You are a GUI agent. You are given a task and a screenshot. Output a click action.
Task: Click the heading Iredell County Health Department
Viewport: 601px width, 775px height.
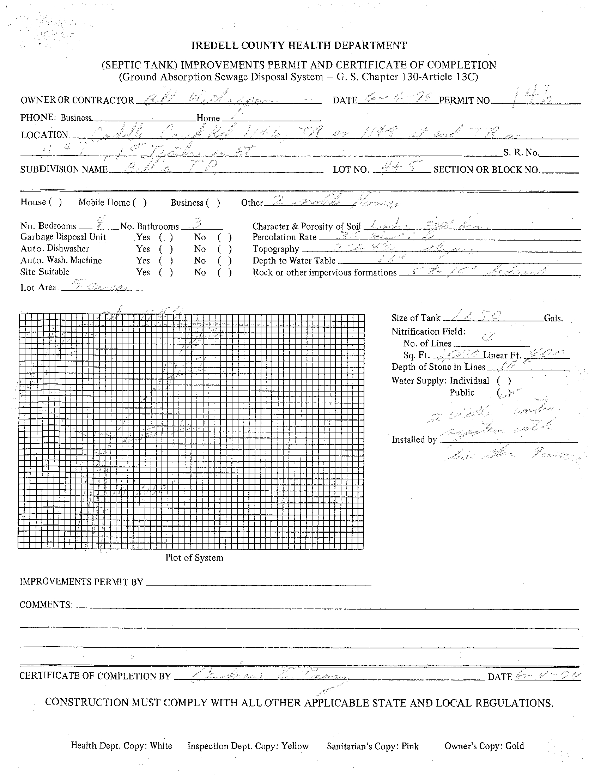[x=299, y=46]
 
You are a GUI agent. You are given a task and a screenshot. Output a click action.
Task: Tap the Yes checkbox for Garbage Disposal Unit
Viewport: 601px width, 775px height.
[x=166, y=237]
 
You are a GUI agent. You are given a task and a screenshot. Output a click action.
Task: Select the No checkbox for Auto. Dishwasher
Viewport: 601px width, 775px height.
[x=225, y=249]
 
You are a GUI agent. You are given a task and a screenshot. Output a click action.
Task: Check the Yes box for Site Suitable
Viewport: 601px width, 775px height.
[x=166, y=273]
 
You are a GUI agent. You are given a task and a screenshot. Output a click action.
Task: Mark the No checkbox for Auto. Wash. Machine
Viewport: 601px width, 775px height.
[x=225, y=261]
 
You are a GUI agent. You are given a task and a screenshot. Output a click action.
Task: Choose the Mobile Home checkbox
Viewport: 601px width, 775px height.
[x=139, y=202]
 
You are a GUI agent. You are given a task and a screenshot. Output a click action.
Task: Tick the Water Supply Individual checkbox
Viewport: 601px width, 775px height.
[x=504, y=381]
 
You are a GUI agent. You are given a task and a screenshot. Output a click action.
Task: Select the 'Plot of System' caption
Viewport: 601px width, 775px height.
[x=194, y=557]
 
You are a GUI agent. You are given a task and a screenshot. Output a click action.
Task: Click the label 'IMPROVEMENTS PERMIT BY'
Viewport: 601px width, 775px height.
[x=81, y=582]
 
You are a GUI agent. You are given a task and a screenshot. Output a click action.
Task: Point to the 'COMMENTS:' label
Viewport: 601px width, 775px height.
[x=46, y=605]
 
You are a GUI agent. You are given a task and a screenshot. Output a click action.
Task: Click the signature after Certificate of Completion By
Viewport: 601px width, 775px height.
[x=269, y=677]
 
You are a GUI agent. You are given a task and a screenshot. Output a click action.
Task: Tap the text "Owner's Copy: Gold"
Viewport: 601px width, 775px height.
[x=484, y=746]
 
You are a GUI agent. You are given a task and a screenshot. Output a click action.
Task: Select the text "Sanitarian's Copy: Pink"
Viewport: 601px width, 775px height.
[x=372, y=746]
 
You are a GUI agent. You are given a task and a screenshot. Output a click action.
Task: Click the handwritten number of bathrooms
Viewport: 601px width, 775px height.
[x=195, y=224]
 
